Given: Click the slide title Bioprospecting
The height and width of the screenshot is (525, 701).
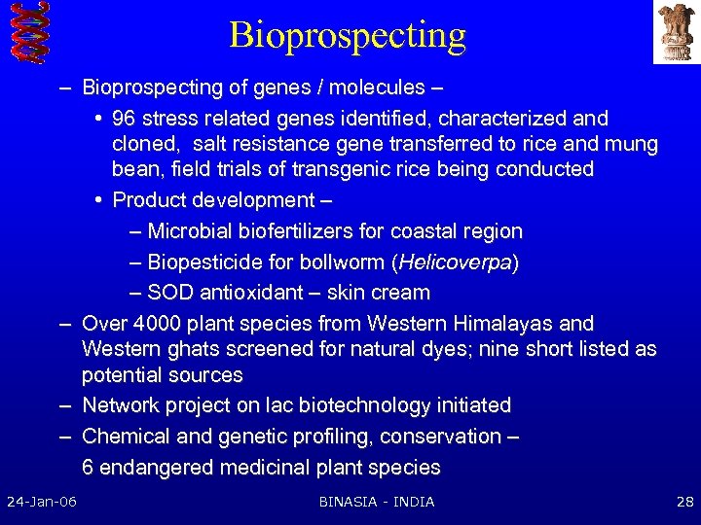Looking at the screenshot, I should tap(348, 35).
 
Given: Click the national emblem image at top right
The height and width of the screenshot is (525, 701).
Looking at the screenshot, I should tap(676, 32).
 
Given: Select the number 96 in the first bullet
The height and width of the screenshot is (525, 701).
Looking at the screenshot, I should tap(125, 119).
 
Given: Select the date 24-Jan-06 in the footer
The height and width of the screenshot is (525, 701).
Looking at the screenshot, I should tap(42, 502).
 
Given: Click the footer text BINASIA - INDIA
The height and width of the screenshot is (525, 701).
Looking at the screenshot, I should tap(377, 502).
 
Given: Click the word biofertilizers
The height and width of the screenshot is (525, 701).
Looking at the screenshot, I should tap(296, 231).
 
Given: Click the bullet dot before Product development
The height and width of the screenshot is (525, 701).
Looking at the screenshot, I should tap(100, 200).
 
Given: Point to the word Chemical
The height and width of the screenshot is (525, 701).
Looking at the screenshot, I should tap(123, 437).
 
